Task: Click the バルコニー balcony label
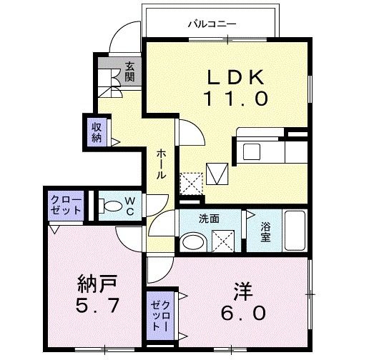coord(212,24)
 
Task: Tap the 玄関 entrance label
coord(130,71)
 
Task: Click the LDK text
coord(228,76)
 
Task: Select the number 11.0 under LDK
coord(228,99)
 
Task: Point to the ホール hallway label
coord(162,164)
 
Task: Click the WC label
coord(131,206)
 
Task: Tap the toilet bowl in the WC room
coord(112,206)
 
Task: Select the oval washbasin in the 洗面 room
coord(192,242)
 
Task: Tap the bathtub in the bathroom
coord(295,231)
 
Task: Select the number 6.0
coord(241,314)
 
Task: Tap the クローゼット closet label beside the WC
coord(65,205)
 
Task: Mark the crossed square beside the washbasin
coord(223,241)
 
